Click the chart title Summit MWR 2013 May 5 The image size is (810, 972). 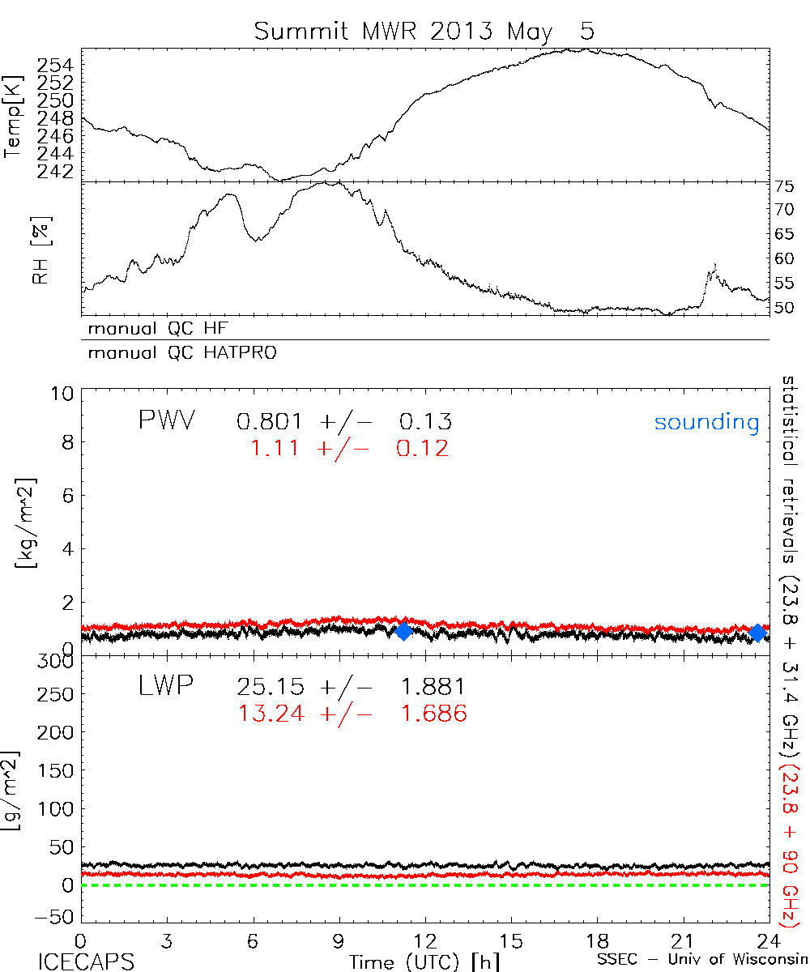pyautogui.click(x=424, y=31)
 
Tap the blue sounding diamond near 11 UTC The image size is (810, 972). pyautogui.click(x=403, y=632)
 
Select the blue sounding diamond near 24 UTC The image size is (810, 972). pyautogui.click(x=757, y=633)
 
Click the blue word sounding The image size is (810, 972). pyautogui.click(x=707, y=422)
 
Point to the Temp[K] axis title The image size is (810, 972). pyautogui.click(x=13, y=117)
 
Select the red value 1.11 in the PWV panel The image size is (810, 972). pyautogui.click(x=273, y=448)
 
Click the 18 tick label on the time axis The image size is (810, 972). pyautogui.click(x=597, y=942)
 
